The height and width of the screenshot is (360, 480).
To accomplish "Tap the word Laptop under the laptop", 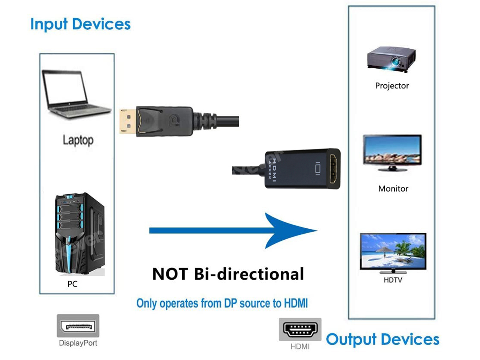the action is [x=78, y=140].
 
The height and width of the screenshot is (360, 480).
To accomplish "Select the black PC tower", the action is [x=80, y=234].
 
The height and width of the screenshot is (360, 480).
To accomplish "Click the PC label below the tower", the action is [x=72, y=284].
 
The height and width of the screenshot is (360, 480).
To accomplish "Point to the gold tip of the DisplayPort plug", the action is [x=127, y=121].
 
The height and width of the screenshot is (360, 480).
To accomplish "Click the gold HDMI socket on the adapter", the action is [x=334, y=168].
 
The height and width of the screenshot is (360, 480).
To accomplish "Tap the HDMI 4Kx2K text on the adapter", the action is [x=273, y=169].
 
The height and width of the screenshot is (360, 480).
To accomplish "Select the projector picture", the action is [x=391, y=59].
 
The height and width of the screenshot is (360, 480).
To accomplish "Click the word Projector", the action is [x=392, y=86].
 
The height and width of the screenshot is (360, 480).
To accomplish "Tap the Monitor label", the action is [x=393, y=189].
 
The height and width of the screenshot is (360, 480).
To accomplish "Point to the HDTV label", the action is [x=393, y=280].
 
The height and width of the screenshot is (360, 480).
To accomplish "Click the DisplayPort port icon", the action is [x=78, y=325].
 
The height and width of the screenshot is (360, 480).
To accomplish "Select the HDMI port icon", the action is [x=300, y=329].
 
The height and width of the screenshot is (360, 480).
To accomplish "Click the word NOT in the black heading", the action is [x=170, y=274].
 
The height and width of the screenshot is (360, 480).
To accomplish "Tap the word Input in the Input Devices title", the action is [x=49, y=24].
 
